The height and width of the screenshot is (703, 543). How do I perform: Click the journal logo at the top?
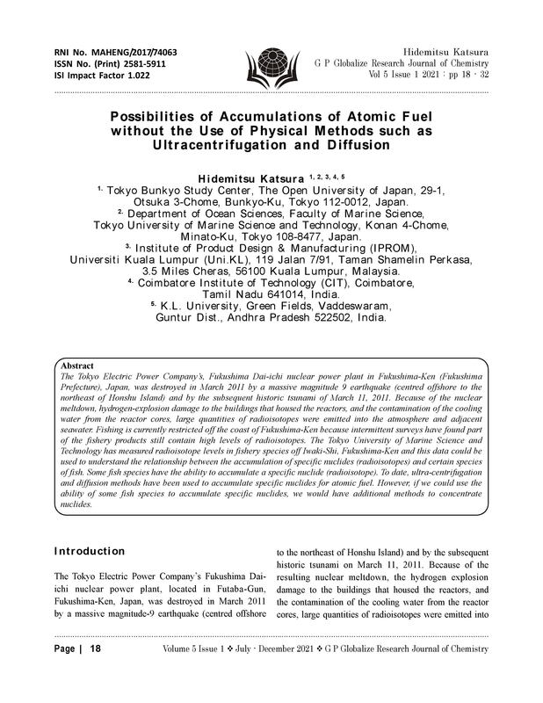tap(271, 63)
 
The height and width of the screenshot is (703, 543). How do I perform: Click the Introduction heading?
tap(90, 551)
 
